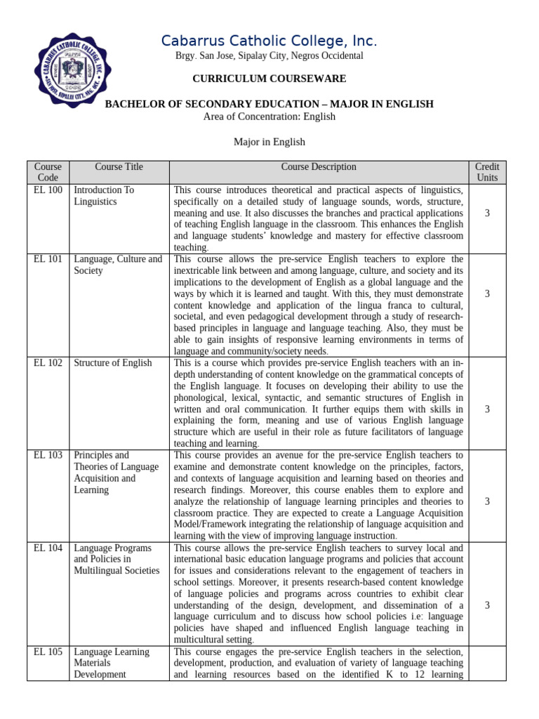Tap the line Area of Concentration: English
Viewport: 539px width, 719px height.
pos(269,116)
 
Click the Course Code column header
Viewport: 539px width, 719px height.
pos(48,172)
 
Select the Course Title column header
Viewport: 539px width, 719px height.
pos(119,167)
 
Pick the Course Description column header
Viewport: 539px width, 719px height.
pos(319,167)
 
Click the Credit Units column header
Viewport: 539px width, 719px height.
pos(486,172)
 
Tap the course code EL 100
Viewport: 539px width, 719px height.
pos(48,190)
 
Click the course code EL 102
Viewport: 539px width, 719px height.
pos(48,363)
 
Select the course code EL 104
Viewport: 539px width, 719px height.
pos(48,548)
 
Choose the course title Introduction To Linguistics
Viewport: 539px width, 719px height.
pos(104,196)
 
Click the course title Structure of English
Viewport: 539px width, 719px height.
pos(112,363)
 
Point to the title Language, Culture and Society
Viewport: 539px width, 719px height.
pos(118,265)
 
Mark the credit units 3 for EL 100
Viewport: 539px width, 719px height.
pos(486,213)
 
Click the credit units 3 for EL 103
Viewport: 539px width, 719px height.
pos(486,501)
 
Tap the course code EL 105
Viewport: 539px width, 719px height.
pos(48,652)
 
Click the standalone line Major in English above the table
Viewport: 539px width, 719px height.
pos(269,142)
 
